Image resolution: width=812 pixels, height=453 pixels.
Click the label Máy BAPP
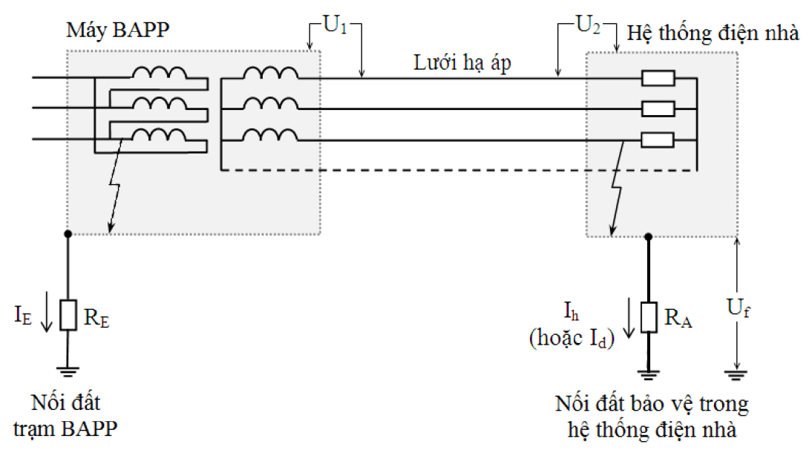point(117,30)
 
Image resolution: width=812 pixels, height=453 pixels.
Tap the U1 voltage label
point(335,25)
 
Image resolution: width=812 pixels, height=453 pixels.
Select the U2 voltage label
point(589,25)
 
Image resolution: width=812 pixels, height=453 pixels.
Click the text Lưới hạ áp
point(462,62)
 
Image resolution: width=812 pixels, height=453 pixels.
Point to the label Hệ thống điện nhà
point(713,33)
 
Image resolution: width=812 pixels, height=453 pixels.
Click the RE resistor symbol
point(68,315)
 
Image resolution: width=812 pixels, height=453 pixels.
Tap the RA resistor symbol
point(649,317)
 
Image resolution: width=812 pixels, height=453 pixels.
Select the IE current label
point(23,315)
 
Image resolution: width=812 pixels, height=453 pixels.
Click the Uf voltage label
point(738,307)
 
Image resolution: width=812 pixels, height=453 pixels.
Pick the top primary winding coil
point(159,73)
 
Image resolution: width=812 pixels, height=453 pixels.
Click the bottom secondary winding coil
point(270,134)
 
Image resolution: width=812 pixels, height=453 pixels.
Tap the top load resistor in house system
point(658,78)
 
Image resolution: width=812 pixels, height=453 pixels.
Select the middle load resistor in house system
point(658,109)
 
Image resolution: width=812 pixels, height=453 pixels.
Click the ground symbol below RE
point(68,371)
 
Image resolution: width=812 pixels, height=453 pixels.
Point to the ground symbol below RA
point(649,374)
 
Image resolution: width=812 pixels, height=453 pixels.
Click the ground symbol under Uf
point(736,375)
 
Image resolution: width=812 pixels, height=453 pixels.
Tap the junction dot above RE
point(68,234)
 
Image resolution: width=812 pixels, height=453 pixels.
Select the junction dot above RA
point(649,237)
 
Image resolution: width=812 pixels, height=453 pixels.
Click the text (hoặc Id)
point(572,338)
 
